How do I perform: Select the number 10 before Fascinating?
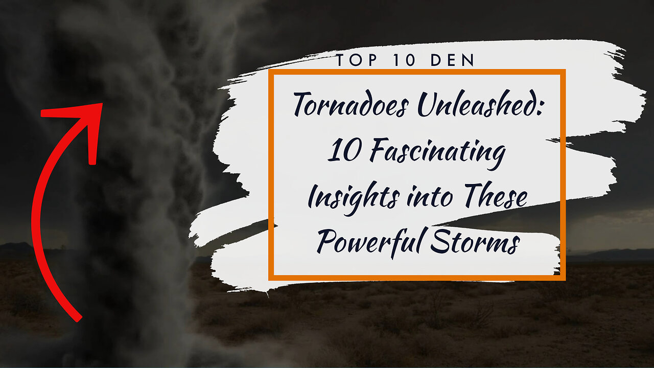click(x=341, y=152)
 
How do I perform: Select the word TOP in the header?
click(x=353, y=61)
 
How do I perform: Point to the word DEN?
click(x=453, y=61)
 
